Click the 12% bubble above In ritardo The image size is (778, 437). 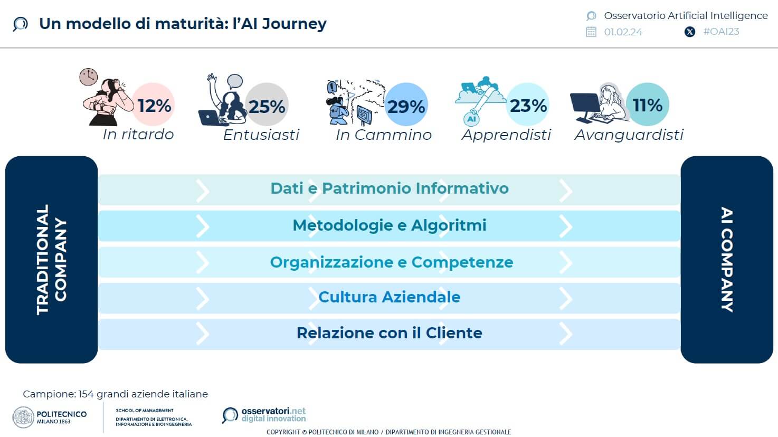point(153,104)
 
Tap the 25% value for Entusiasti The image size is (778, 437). point(267,106)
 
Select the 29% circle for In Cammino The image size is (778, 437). point(406,104)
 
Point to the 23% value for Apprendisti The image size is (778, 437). point(528,106)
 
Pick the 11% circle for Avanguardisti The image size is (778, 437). point(648,104)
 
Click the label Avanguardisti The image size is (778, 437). point(629,135)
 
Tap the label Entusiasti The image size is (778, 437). point(261,135)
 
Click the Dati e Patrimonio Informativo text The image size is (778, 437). point(390,188)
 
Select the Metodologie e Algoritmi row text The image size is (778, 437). point(390,225)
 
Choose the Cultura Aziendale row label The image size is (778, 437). point(390,297)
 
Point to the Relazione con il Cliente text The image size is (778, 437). point(390,333)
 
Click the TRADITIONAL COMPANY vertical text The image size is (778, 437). point(51,260)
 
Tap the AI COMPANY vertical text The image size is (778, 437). point(727,260)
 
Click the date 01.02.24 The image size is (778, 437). point(623,32)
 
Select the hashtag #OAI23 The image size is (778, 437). point(721,32)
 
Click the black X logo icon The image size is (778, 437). point(690,32)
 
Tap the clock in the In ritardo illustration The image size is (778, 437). point(89,77)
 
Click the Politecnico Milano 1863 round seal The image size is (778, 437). point(23,417)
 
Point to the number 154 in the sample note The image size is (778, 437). point(86,394)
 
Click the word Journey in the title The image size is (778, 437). point(294,24)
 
